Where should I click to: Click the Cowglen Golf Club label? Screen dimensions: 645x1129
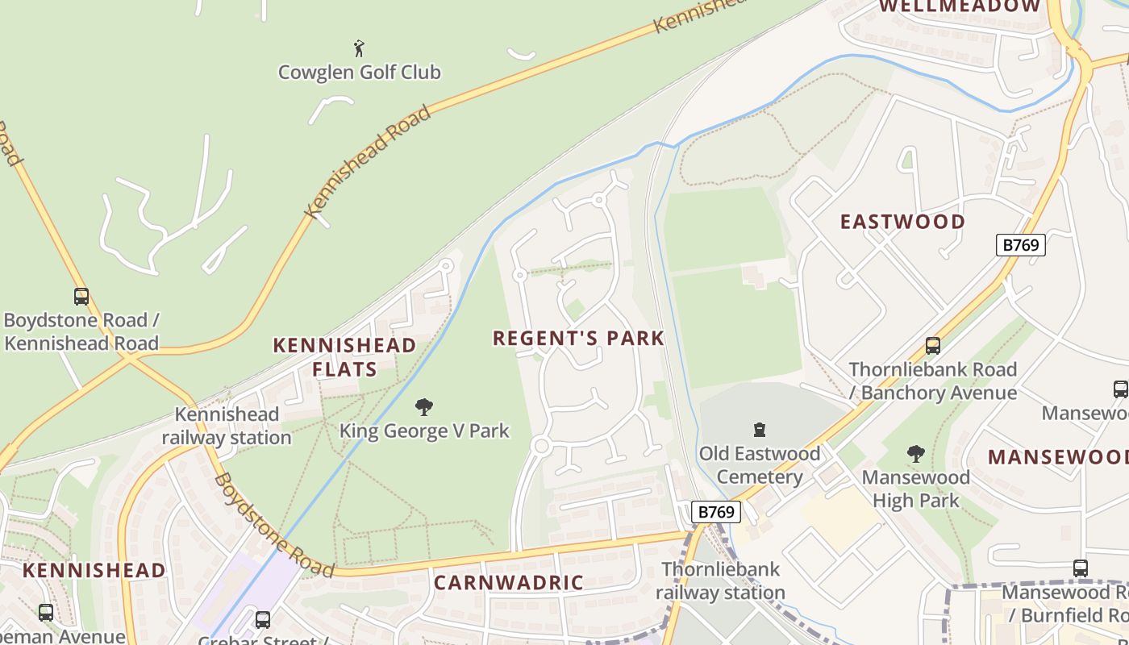(x=359, y=72)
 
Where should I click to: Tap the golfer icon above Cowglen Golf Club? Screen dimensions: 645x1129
(x=359, y=48)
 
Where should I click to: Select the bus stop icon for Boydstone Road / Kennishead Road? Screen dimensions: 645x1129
(x=81, y=296)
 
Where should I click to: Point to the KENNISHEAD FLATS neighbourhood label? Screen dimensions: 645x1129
(x=344, y=357)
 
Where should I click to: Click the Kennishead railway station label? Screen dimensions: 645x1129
(x=227, y=426)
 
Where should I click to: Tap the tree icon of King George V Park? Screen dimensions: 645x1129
(x=424, y=407)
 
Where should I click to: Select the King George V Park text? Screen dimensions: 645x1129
(x=424, y=431)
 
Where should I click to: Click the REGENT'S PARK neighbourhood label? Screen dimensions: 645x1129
(x=578, y=338)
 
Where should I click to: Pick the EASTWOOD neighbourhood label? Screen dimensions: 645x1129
(x=902, y=222)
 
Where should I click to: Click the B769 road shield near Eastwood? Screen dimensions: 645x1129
(x=1020, y=245)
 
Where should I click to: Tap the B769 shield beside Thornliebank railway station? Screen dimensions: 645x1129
(x=714, y=511)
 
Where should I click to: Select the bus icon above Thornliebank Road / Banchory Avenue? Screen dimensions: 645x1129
(x=933, y=346)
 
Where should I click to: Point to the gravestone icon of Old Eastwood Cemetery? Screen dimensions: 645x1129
(x=759, y=430)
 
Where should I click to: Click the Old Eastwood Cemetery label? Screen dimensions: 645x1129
(x=759, y=465)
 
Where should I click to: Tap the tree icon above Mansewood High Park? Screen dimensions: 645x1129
(x=915, y=454)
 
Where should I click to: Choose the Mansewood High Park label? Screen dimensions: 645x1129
(x=915, y=489)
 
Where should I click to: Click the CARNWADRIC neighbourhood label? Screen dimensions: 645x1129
(x=508, y=582)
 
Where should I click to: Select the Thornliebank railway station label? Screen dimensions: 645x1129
(x=720, y=580)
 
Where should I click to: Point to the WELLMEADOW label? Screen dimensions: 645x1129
(x=960, y=6)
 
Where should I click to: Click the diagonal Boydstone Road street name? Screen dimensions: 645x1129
(x=273, y=526)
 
